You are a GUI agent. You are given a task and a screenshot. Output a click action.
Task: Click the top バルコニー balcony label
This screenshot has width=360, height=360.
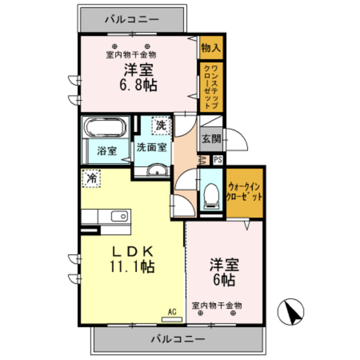click(132, 20)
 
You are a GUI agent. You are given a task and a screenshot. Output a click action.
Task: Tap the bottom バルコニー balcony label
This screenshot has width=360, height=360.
click(178, 340)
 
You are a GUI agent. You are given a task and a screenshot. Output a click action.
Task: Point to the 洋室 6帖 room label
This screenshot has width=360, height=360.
click(223, 271)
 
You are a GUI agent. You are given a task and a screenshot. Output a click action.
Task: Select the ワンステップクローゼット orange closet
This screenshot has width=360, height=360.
click(210, 86)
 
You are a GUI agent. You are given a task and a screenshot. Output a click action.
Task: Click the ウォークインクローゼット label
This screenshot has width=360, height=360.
click(245, 192)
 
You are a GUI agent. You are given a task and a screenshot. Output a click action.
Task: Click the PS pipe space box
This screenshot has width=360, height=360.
click(218, 159)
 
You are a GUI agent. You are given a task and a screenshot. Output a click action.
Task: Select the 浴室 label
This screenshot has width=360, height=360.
click(106, 151)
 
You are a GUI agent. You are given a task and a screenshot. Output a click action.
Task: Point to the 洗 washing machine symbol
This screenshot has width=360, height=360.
click(161, 125)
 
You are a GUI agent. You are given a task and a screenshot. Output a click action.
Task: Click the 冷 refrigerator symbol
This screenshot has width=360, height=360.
click(91, 178)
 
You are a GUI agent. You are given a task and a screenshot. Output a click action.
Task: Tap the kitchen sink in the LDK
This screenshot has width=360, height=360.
click(120, 217)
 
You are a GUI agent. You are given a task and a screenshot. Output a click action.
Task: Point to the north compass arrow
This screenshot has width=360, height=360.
click(292, 310)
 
